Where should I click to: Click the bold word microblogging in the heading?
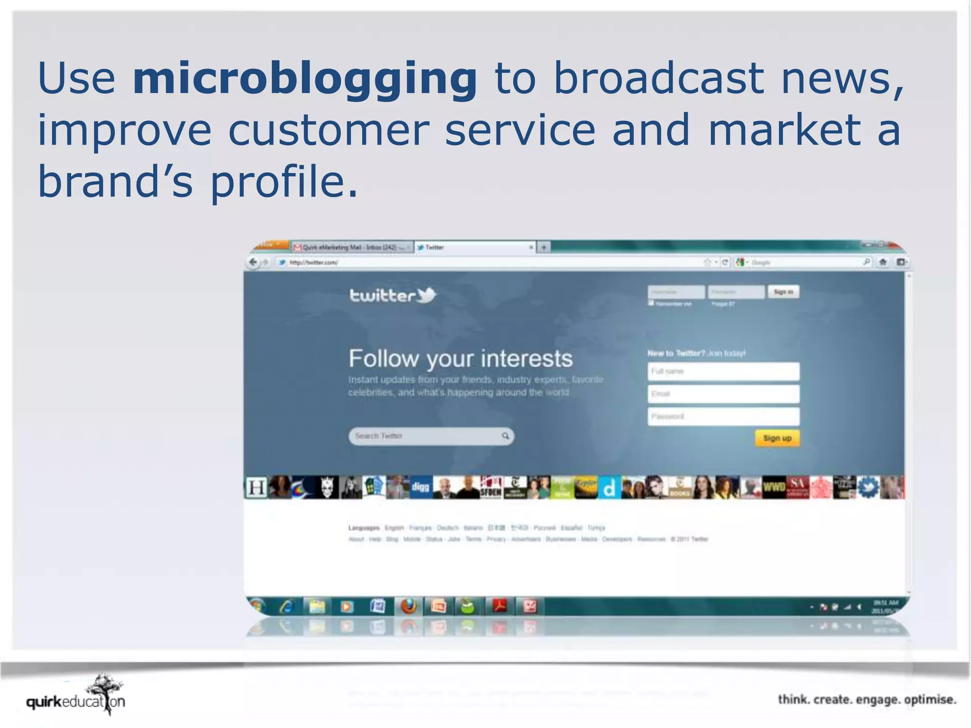coord(305,79)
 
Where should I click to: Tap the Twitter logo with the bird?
coord(393,295)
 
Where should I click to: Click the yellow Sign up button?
coord(777,438)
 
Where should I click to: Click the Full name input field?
coord(723,372)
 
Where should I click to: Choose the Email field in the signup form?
coord(723,394)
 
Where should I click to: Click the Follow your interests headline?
coord(460,359)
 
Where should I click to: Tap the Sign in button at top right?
coord(783,292)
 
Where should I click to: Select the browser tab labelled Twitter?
coord(474,247)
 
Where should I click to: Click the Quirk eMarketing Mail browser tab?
coord(351,247)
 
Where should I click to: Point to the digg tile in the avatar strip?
coord(420,487)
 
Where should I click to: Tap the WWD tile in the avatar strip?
coord(774,487)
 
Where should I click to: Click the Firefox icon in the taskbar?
coord(408,606)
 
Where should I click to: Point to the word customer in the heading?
coord(328,130)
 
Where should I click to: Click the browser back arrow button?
coord(253,262)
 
